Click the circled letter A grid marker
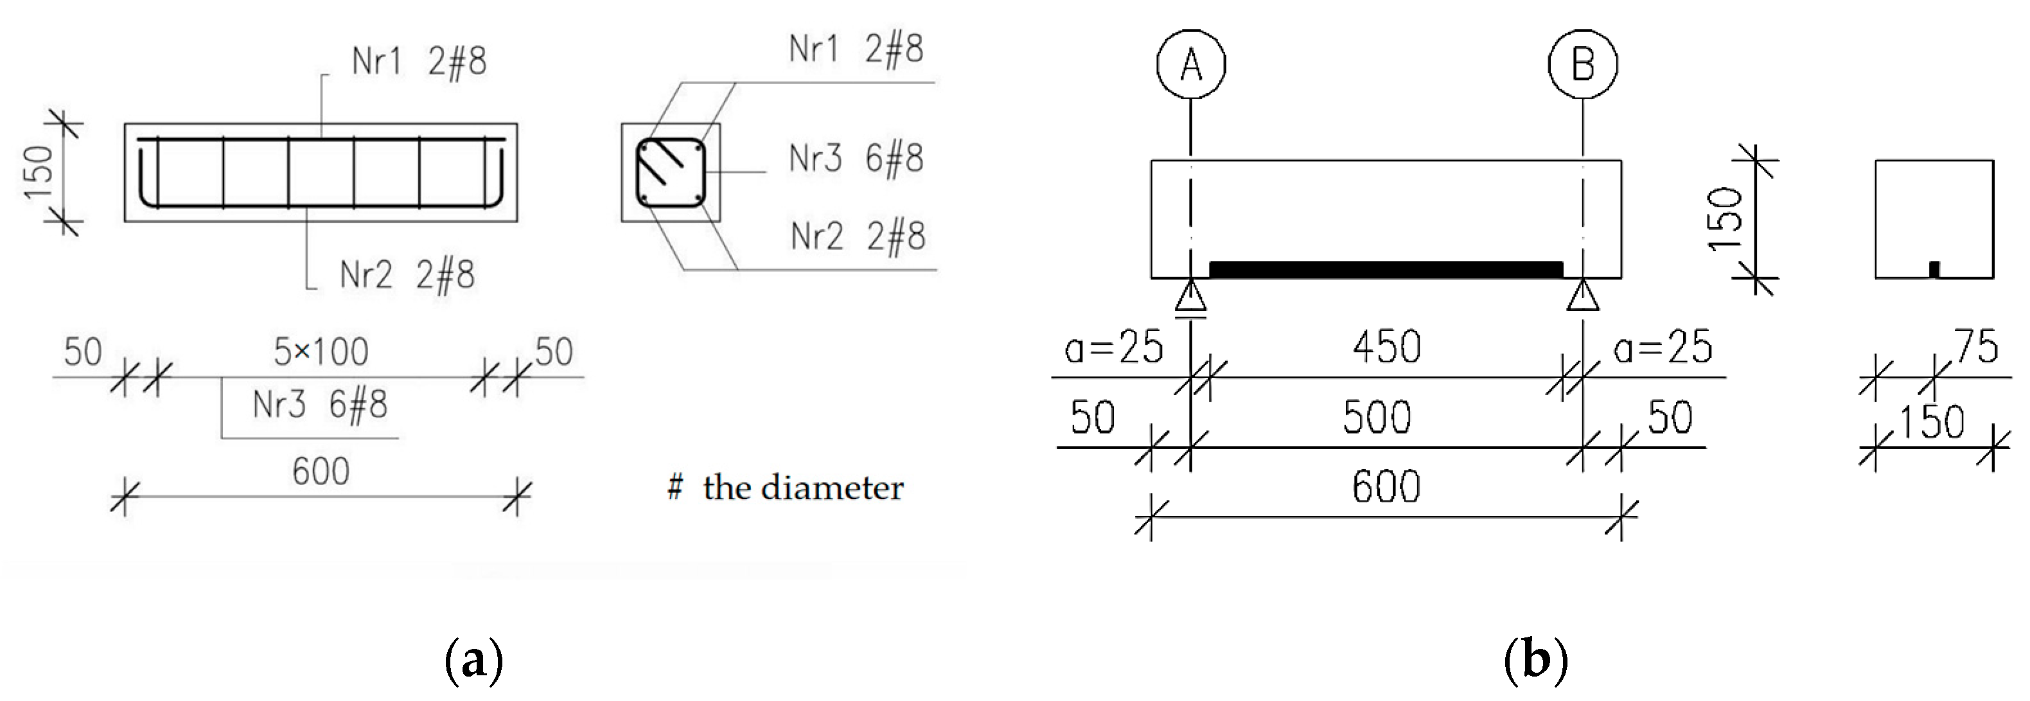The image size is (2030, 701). (x=1191, y=64)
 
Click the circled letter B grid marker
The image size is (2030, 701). (x=1582, y=64)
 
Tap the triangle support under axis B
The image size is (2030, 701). (x=1582, y=297)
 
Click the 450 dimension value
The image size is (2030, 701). (x=1387, y=348)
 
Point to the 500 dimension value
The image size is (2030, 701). (x=1377, y=417)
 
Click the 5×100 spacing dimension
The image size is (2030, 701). (x=321, y=351)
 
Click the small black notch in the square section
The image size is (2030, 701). (x=1934, y=270)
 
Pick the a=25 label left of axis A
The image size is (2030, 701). (x=1113, y=348)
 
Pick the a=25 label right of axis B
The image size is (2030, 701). (x=1663, y=348)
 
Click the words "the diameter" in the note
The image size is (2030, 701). (x=803, y=488)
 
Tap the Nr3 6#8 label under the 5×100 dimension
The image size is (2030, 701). (x=320, y=405)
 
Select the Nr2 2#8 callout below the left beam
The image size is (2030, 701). (x=407, y=275)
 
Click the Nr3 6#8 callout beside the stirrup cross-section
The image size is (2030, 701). (x=856, y=159)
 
